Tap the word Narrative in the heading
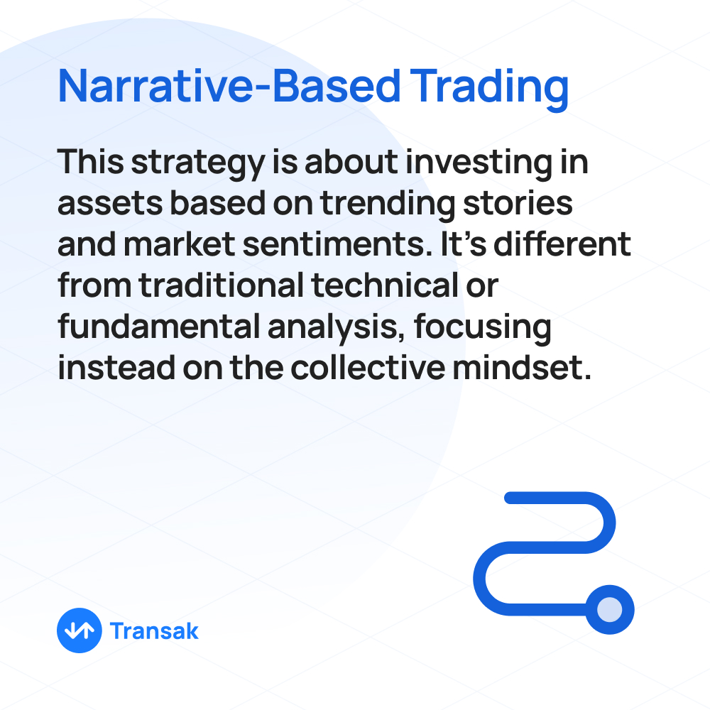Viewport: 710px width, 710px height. [155, 86]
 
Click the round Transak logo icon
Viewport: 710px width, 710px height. [80, 630]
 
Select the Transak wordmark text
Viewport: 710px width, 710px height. [154, 630]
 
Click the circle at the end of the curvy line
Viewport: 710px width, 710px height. [609, 609]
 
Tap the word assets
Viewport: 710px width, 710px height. [110, 204]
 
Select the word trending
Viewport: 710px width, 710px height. [388, 204]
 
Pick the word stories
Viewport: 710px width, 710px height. [518, 203]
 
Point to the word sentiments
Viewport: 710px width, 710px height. [337, 244]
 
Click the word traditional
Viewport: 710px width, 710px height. [222, 285]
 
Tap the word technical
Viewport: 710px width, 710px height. [385, 285]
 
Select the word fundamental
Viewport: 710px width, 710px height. [159, 326]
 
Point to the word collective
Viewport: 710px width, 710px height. [368, 367]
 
